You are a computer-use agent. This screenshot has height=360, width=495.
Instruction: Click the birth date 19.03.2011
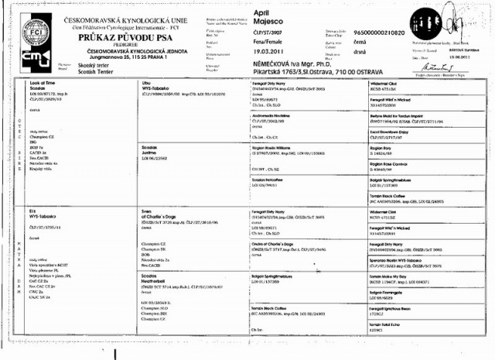[272, 46]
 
